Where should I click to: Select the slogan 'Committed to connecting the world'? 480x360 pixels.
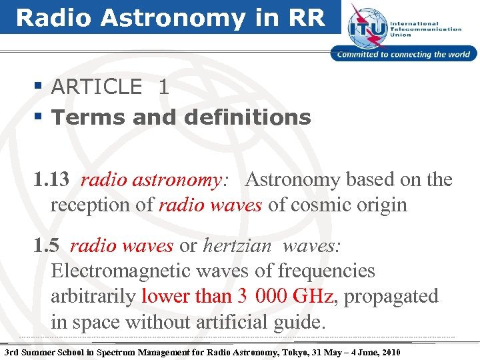coord(404,55)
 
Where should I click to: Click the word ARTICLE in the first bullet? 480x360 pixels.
coord(97,87)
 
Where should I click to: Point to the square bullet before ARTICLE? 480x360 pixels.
coord(40,87)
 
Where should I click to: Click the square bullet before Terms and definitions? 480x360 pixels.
coord(40,118)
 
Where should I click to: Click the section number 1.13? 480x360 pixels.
coord(53,180)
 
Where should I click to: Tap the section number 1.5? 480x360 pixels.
coord(47,246)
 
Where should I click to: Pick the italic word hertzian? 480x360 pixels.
coord(237,246)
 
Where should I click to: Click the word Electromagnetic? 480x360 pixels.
coord(119,271)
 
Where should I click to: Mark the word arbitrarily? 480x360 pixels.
coord(94,296)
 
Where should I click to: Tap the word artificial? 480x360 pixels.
coord(233,322)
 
